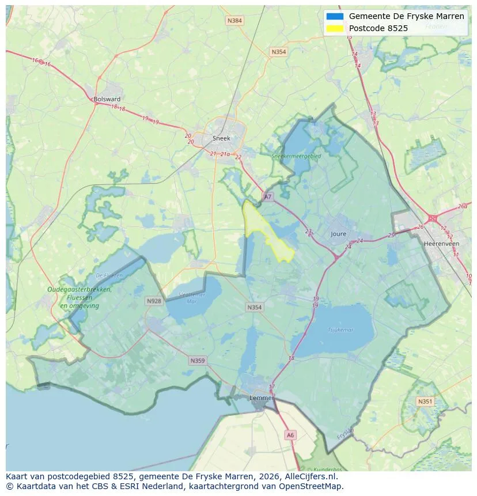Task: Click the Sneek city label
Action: click(x=221, y=138)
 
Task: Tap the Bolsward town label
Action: click(x=107, y=99)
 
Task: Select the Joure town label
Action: click(x=339, y=234)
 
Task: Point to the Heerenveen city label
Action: click(x=441, y=244)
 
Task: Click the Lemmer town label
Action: click(x=261, y=397)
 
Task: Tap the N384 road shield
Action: click(x=234, y=21)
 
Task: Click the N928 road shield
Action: click(x=154, y=301)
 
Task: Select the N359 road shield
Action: click(x=197, y=361)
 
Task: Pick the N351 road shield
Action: click(x=425, y=402)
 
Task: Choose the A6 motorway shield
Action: click(x=290, y=436)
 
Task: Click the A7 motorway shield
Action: click(x=267, y=197)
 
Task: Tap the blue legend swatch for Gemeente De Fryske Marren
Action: click(x=334, y=16)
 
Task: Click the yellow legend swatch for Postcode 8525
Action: click(x=334, y=28)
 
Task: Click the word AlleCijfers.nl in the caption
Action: click(x=313, y=476)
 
